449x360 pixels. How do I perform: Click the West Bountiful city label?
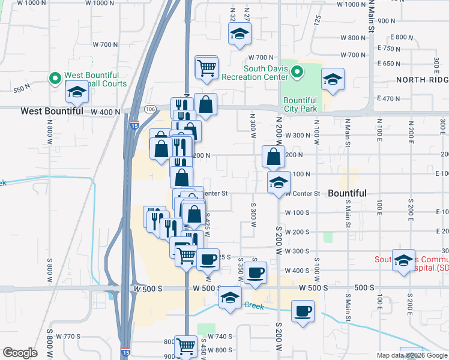pos(52,111)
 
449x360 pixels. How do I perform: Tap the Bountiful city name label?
pos(347,193)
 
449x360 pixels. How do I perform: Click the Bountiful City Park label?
pos(300,104)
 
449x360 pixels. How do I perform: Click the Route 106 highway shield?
pos(150,109)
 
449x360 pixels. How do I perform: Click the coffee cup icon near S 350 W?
pos(255,272)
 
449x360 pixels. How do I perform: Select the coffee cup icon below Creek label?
pos(303,311)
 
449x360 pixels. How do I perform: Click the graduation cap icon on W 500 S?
pos(229,298)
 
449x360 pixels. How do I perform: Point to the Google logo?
pos(20,353)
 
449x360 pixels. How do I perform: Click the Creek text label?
pos(253,305)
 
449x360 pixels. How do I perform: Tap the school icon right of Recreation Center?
pos(332,79)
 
